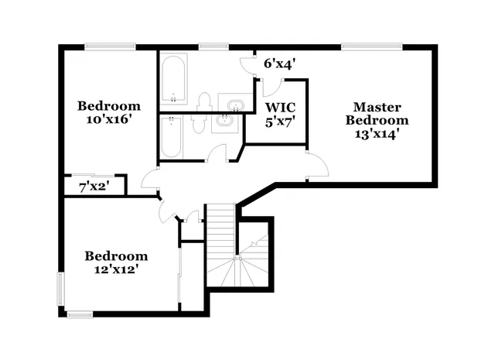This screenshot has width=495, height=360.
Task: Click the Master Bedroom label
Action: click(377, 113)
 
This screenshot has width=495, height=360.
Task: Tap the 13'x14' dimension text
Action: click(377, 133)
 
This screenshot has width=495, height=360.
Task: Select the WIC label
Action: click(280, 106)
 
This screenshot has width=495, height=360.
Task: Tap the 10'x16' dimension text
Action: click(109, 120)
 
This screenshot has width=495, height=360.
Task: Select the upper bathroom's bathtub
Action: click(173, 80)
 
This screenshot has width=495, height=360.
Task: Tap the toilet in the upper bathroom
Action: click(204, 101)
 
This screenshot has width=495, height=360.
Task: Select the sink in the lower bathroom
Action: click(226, 122)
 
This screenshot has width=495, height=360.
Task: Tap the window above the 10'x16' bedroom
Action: click(111, 47)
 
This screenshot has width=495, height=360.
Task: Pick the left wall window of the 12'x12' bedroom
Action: click(61, 288)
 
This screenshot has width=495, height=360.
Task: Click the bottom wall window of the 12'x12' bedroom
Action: click(80, 314)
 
